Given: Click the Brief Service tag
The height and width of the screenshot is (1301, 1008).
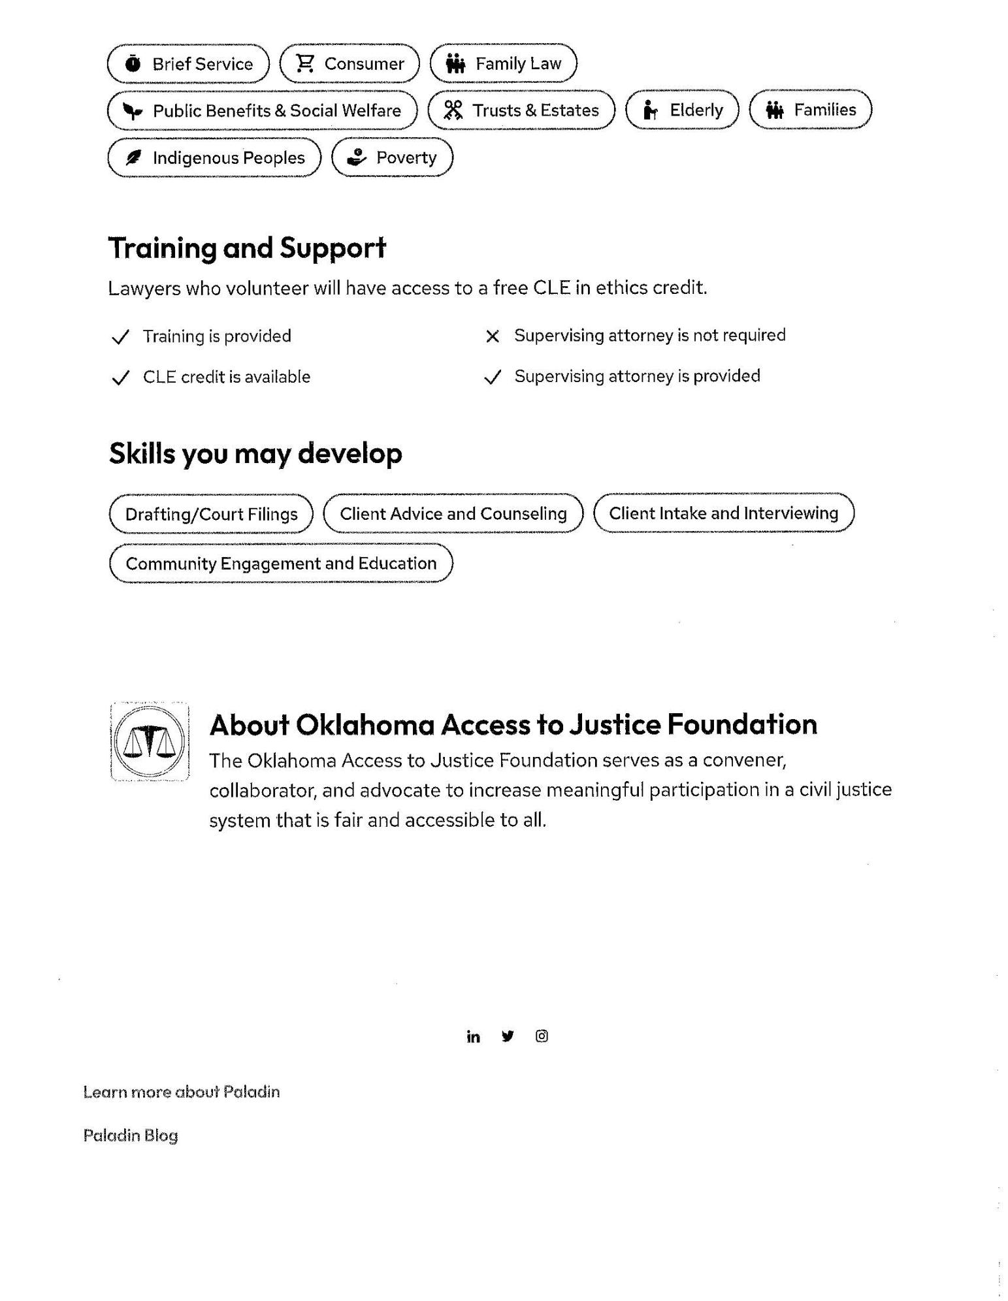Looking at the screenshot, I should pos(188,64).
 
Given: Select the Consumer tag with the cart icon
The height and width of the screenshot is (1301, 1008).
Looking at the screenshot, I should pos(350,64).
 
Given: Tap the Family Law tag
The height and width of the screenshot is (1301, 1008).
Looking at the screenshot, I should pos(503,64).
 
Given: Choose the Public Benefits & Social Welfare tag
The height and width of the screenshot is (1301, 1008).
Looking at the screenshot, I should pos(262,111).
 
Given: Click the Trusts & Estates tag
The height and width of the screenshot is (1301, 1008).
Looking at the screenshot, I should pos(521,110).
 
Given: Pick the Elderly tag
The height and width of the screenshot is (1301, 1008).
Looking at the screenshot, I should pos(682,110).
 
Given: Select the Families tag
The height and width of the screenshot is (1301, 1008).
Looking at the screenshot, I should pos(810,110).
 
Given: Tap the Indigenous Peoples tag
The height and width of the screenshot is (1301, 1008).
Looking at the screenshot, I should pos(214,158).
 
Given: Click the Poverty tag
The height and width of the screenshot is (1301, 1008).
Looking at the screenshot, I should pos(392,158).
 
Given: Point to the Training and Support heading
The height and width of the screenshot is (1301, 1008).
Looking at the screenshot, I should pos(247,248).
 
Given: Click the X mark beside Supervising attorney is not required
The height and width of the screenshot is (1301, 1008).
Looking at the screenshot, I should pos(493,336).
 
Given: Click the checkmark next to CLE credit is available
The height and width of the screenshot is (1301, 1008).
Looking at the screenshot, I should pos(120,378).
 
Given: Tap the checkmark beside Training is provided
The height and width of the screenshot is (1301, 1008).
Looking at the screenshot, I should pos(120,337).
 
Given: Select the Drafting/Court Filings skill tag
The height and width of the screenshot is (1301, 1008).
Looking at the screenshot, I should pos(211,515).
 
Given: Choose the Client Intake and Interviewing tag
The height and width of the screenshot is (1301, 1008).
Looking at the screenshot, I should pos(723,513).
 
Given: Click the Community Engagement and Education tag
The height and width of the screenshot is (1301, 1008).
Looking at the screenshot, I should pos(281,564).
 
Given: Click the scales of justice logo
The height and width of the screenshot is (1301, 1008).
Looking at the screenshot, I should pos(150,742).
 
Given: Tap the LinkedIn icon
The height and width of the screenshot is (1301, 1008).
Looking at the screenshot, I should pos(473,1037).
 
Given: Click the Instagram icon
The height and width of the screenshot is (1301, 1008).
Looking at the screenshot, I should pos(542,1036).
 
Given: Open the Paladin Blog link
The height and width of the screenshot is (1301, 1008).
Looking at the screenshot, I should pos(131,1136).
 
